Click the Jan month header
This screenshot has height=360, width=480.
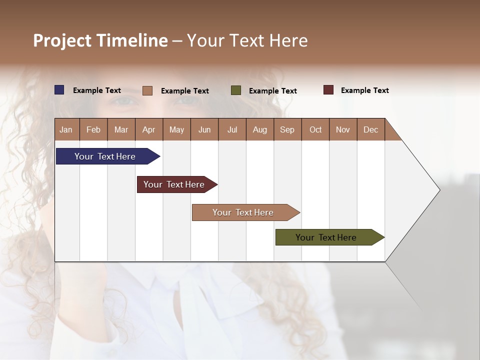pos(66,129)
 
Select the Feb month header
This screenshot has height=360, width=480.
pos(93,129)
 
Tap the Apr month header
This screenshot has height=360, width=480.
pos(149,129)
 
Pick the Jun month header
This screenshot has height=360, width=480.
pos(204,129)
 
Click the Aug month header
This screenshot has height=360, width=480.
pos(260,129)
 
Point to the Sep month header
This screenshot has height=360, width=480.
pos(287,129)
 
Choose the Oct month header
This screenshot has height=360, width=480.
pos(315,129)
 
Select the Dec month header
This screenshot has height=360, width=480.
pos(371,129)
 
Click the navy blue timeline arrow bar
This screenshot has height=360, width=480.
pos(105,156)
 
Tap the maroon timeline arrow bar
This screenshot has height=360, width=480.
pos(174,184)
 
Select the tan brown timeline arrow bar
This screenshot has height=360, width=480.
pos(243,212)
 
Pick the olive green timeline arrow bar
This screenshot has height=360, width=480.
pos(326,237)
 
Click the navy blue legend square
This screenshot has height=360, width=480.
pos(59,90)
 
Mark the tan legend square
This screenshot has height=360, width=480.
pos(147,90)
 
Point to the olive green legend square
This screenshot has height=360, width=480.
pos(236,90)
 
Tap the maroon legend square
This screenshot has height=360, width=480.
pos(328,90)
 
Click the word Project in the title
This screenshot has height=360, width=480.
pos(62,40)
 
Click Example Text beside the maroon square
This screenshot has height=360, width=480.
pos(364,90)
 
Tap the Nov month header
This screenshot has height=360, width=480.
pos(343,129)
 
